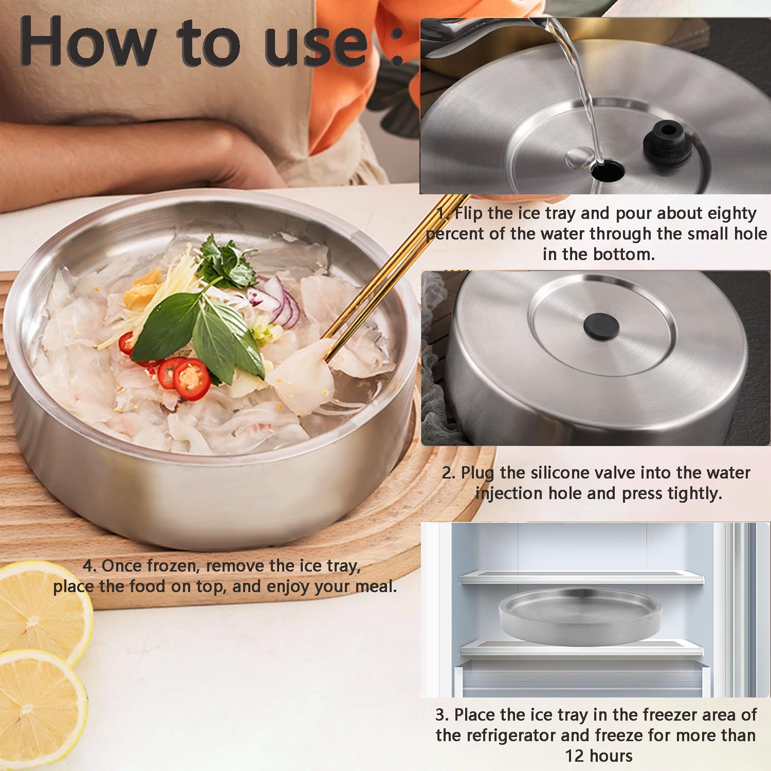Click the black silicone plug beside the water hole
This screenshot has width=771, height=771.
click(667, 141)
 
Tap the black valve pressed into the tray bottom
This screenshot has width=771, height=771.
click(601, 326)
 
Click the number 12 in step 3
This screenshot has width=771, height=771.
click(575, 756)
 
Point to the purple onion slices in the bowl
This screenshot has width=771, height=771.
click(280, 301)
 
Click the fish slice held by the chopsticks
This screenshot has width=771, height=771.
click(303, 373)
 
